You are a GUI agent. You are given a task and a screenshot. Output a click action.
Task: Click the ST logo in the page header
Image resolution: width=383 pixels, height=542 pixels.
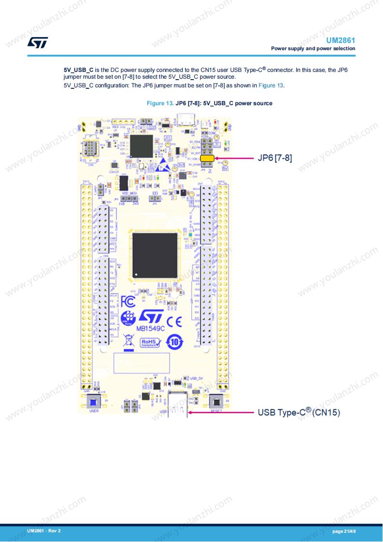click(x=37, y=42)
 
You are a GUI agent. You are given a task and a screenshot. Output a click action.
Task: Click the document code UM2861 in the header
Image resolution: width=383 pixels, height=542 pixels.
click(x=341, y=41)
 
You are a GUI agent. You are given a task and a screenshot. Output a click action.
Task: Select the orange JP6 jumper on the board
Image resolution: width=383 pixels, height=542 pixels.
click(x=207, y=158)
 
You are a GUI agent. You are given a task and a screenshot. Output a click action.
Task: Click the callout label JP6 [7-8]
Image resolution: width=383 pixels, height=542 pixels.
click(x=275, y=158)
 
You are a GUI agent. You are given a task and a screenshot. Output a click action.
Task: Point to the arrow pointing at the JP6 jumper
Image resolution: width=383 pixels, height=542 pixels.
click(x=233, y=158)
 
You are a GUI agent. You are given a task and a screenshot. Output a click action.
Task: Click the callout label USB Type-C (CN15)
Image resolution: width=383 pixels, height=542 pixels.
click(x=299, y=413)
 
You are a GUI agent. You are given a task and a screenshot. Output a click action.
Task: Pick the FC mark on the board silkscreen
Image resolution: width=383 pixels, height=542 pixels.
click(x=128, y=302)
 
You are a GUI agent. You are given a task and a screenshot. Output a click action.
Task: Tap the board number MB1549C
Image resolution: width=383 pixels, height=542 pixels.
click(x=150, y=328)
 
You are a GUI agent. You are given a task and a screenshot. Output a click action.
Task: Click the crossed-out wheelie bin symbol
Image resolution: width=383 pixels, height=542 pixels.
click(x=128, y=341)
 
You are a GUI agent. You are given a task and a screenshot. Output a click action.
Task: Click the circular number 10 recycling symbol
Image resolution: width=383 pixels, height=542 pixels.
click(x=175, y=342)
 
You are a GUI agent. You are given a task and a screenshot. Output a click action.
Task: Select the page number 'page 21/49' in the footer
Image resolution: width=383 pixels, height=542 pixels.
click(x=344, y=531)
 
